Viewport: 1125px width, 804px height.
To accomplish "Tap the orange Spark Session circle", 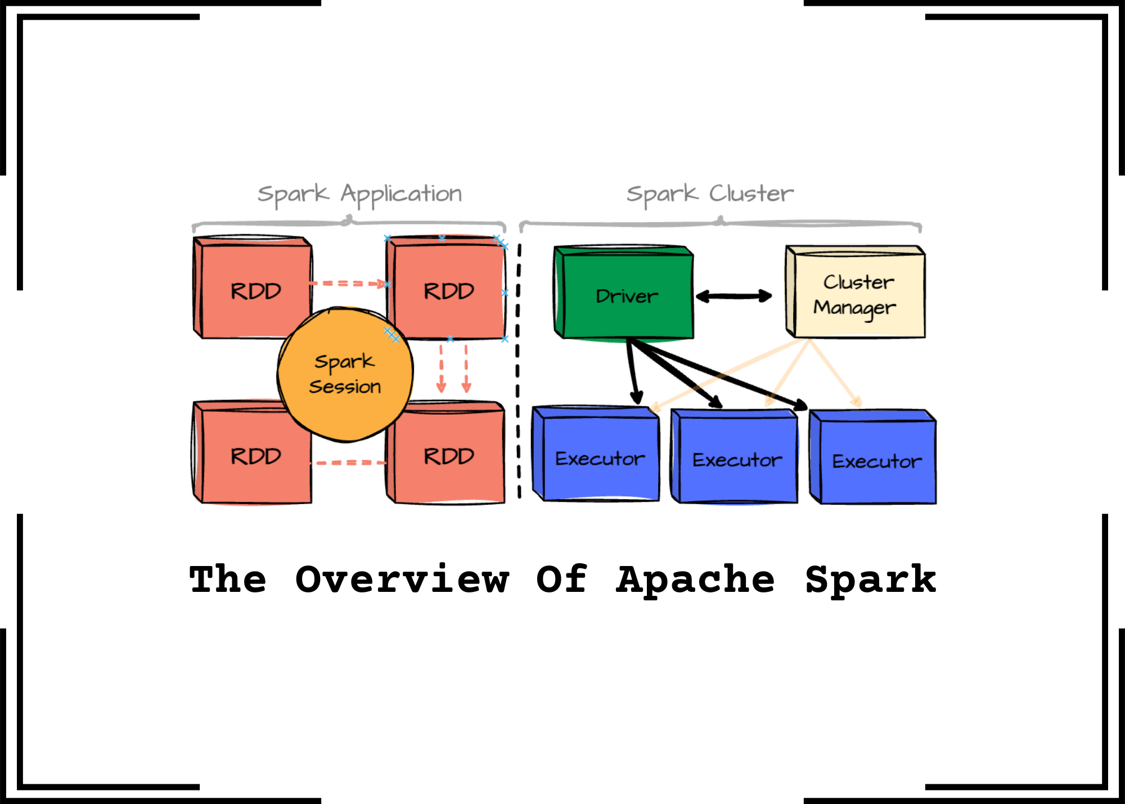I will point(345,374).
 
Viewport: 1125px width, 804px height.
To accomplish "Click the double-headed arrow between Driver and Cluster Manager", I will point(734,297).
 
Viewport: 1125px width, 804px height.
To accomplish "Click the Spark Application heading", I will point(360,194).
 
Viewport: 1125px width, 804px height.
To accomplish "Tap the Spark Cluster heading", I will point(710,194).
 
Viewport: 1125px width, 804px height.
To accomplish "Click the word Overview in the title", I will point(402,580).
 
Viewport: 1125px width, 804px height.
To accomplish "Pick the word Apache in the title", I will point(696,580).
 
